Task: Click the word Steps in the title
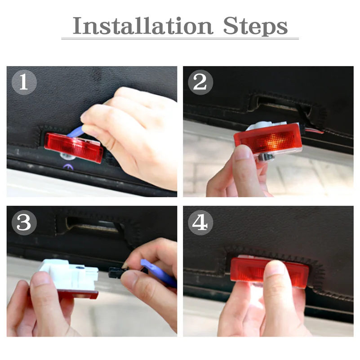click(x=255, y=27)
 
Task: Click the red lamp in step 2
click(x=265, y=142)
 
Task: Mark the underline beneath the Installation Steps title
click(x=180, y=39)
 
